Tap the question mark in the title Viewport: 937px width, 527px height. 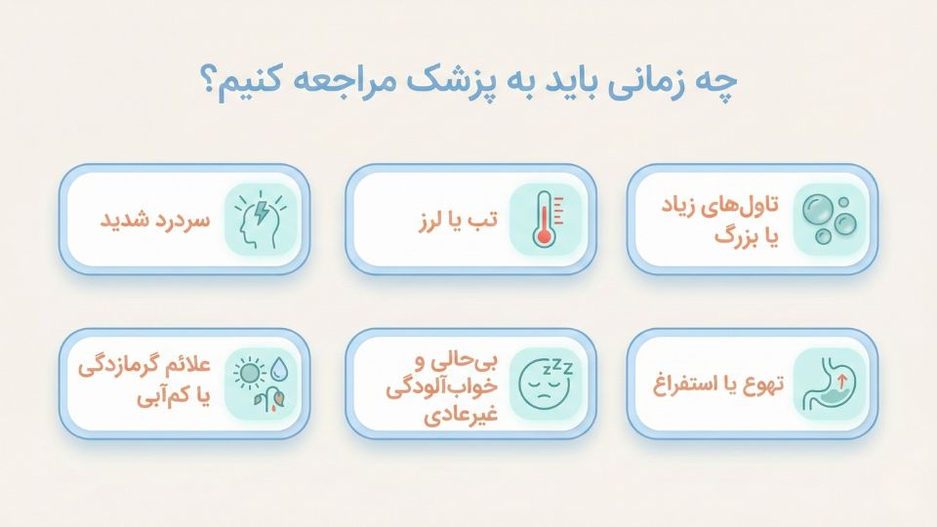212,82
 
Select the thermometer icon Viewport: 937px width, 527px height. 545,219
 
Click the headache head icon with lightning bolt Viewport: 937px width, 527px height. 261,219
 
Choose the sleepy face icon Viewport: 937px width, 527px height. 545,383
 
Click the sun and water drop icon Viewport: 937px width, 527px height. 261,383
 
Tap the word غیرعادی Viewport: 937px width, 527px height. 460,414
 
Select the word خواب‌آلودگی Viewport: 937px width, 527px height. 458,387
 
